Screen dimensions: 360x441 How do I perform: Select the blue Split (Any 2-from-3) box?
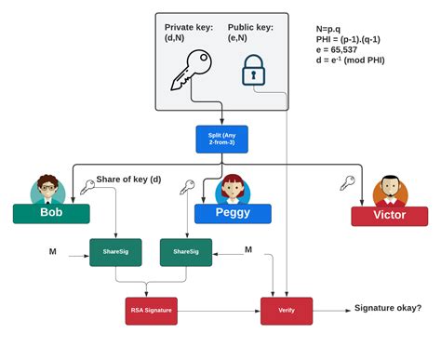[220, 140]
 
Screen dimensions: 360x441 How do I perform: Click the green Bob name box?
[51, 213]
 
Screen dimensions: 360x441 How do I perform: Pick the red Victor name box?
[388, 215]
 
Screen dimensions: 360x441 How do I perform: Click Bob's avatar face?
[47, 190]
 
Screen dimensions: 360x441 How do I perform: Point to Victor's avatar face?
[391, 192]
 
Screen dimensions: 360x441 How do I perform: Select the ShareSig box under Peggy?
[185, 251]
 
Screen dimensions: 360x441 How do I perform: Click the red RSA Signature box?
[150, 311]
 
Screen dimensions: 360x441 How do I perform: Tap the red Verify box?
[286, 311]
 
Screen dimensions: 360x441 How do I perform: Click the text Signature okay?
[387, 309]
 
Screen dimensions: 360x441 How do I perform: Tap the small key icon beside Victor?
[347, 183]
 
